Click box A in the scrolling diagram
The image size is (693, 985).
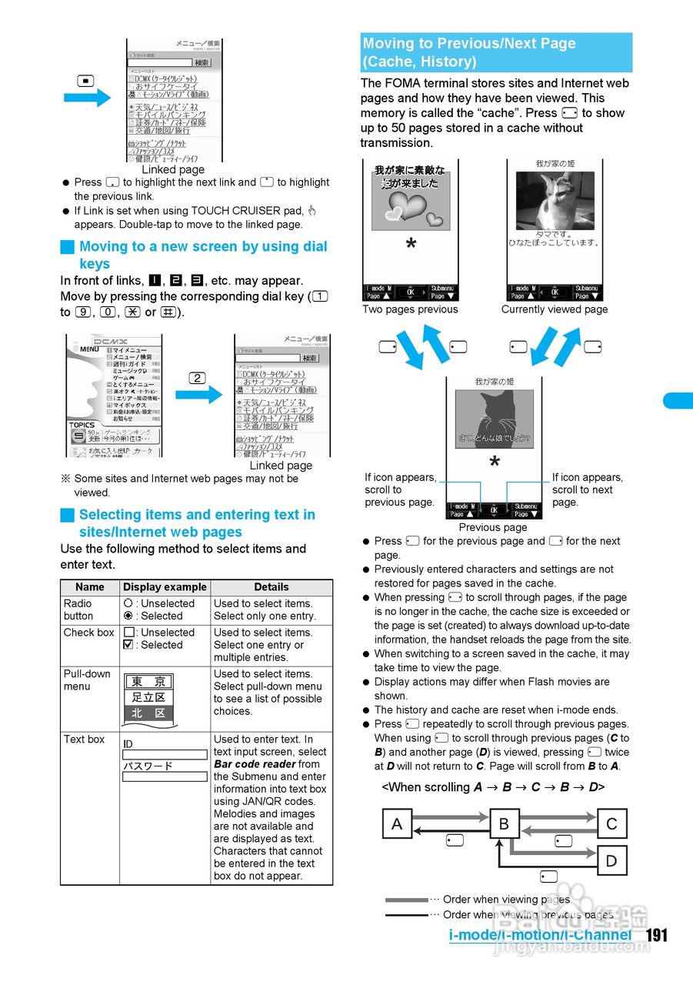click(397, 824)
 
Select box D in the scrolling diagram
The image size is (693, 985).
click(611, 861)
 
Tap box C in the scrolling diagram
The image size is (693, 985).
click(611, 824)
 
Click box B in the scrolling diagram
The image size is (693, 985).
click(505, 824)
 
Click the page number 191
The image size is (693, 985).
click(656, 935)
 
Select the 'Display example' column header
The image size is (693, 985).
click(165, 586)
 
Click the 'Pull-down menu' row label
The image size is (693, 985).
click(87, 679)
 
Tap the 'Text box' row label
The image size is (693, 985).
click(84, 739)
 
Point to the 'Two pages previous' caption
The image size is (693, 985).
click(410, 309)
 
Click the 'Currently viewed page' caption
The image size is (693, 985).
click(555, 309)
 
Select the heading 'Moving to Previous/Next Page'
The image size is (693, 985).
click(469, 44)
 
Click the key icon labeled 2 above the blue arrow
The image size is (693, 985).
click(197, 377)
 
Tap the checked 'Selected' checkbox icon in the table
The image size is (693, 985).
click(128, 645)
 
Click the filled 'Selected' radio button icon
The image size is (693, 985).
click(128, 616)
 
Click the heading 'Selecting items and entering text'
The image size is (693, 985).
click(197, 515)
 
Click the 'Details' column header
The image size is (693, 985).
click(272, 586)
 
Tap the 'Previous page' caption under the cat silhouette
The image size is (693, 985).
click(493, 527)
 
